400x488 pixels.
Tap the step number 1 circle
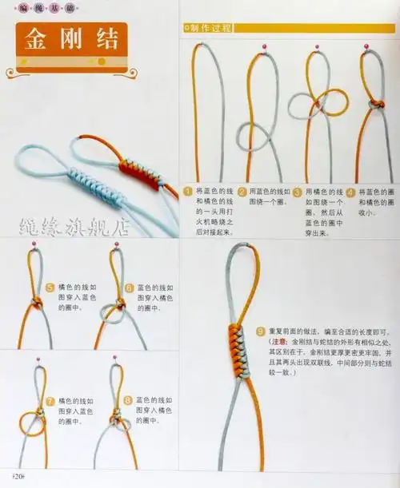point(189,192)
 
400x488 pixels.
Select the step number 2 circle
point(242,192)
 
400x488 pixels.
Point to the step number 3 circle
point(297,192)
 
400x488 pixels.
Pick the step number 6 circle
point(129,286)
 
